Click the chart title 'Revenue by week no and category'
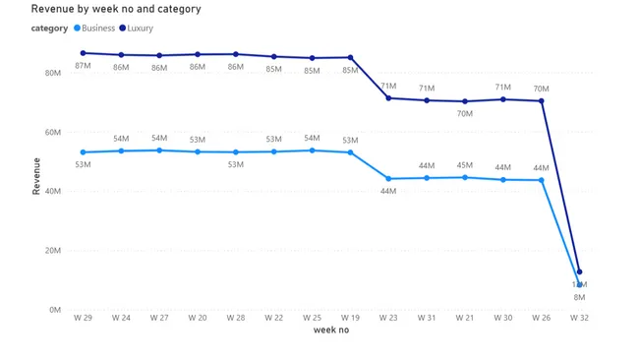[x=116, y=9]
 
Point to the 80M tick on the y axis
[x=54, y=73]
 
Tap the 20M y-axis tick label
[x=54, y=251]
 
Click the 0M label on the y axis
[x=56, y=310]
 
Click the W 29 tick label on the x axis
[x=83, y=318]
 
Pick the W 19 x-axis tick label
[x=350, y=318]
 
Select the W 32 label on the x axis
[x=579, y=318]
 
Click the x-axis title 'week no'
[x=330, y=330]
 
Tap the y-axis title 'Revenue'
[x=36, y=176]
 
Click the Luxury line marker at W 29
[x=84, y=53]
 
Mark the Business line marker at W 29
[x=84, y=152]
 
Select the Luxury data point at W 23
[x=388, y=97]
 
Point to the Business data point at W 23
[x=388, y=179]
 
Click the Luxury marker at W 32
[x=580, y=271]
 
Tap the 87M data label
[x=83, y=67]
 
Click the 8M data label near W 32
[x=579, y=297]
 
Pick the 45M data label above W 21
[x=464, y=165]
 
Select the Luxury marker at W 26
[x=542, y=101]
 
